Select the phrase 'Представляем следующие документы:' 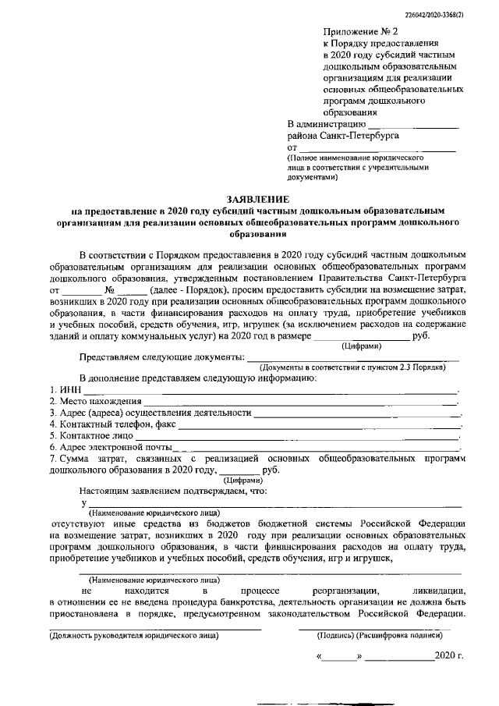tap(161, 357)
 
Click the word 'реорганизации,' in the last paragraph tap(345, 594)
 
